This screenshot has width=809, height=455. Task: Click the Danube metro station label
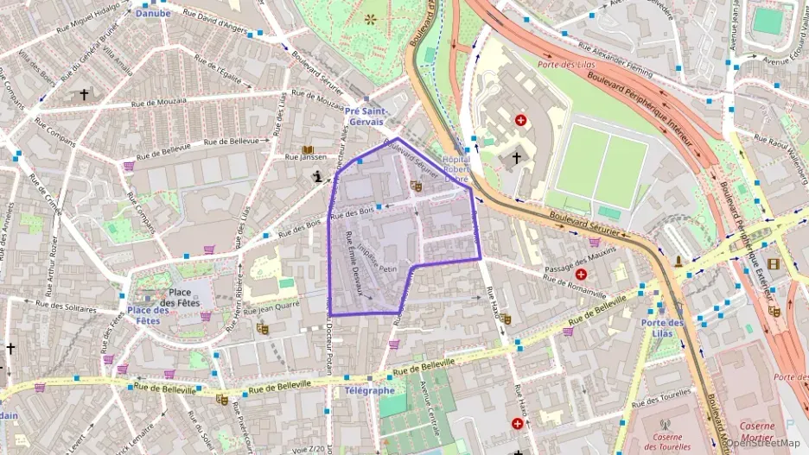153,13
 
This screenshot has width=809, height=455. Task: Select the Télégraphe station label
369,390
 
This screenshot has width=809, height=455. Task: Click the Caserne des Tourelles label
663,441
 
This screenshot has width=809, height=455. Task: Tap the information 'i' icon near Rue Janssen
319,177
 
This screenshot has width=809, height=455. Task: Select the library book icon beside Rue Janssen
307,150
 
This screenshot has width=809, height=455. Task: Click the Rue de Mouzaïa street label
159,101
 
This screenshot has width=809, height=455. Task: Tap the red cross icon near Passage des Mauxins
580,275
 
